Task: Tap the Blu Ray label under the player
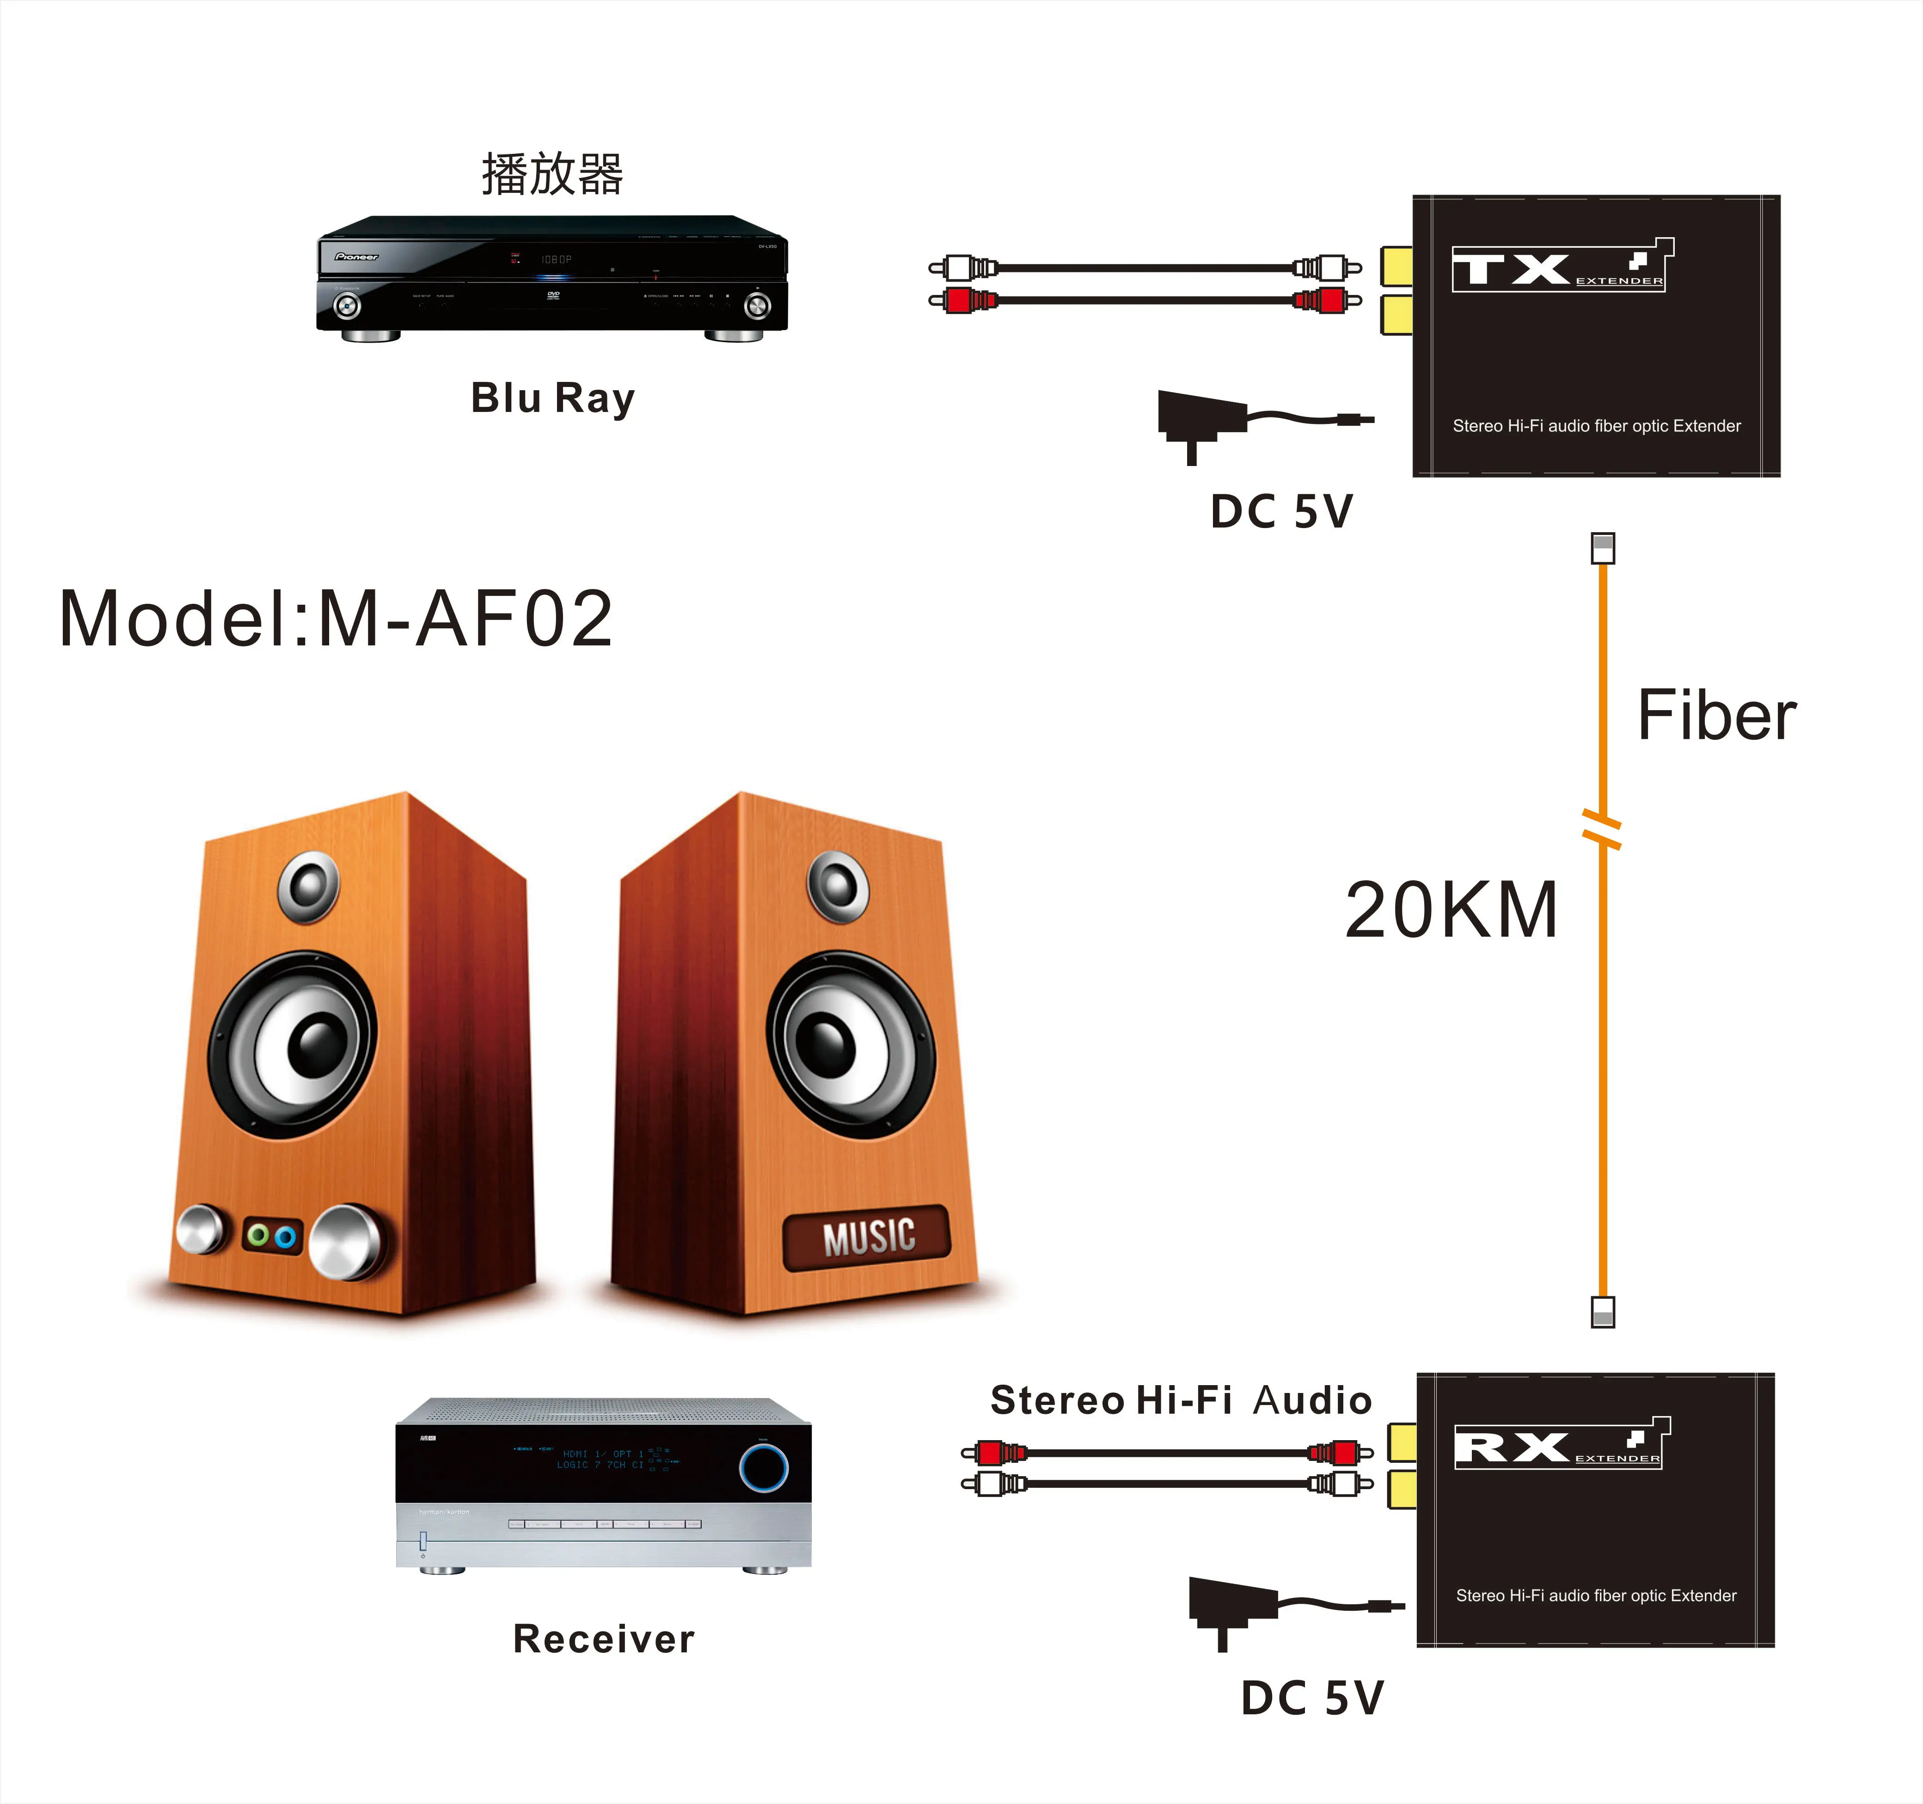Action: pyautogui.click(x=552, y=398)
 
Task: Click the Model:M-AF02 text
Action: pyautogui.click(x=336, y=619)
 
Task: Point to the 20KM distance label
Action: pyautogui.click(x=1451, y=910)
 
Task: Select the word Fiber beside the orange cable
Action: pyautogui.click(x=1716, y=716)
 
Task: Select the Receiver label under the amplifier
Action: pyautogui.click(x=604, y=1638)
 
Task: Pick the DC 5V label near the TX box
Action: pyautogui.click(x=1282, y=512)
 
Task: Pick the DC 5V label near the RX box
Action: pyautogui.click(x=1313, y=1698)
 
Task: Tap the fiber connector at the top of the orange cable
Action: pyautogui.click(x=1603, y=548)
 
